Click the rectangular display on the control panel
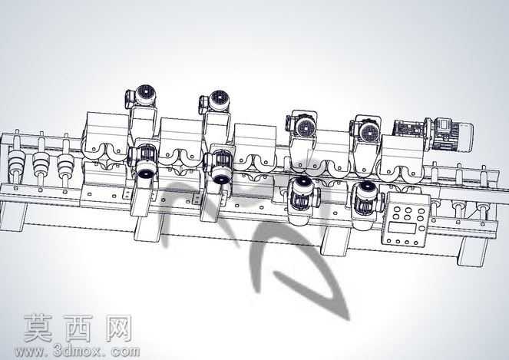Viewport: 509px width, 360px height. pos(402,227)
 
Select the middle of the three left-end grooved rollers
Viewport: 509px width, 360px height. pos(41,160)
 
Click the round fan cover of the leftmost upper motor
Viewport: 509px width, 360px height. pos(145,94)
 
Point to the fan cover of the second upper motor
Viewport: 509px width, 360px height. pos(219,101)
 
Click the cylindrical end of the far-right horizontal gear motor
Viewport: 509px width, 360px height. pos(464,137)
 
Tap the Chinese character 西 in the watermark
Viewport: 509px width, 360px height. pos(78,328)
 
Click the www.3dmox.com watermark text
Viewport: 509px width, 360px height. pos(77,351)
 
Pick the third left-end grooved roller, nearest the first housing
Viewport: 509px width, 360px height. pos(65,162)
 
